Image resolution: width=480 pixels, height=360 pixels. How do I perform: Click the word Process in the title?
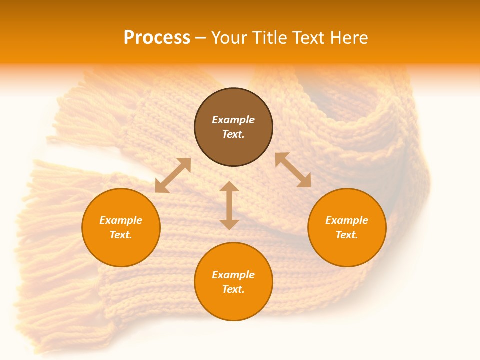pyautogui.click(x=157, y=38)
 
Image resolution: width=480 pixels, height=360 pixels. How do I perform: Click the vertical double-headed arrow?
pyautogui.click(x=229, y=205)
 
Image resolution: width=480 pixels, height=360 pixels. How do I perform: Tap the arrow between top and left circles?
pyautogui.click(x=173, y=175)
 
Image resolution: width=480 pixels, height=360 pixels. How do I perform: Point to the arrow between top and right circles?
pyautogui.click(x=293, y=170)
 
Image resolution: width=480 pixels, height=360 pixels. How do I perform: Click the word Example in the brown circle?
pyautogui.click(x=233, y=120)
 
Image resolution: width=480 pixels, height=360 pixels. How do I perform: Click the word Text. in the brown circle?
pyautogui.click(x=233, y=134)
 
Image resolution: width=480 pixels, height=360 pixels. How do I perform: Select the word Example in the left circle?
pyautogui.click(x=121, y=220)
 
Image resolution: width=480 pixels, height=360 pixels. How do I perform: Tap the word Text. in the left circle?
pyautogui.click(x=121, y=235)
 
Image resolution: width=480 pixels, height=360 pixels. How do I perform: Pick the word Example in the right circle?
pyautogui.click(x=347, y=220)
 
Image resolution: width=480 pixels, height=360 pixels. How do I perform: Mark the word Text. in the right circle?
pyautogui.click(x=347, y=235)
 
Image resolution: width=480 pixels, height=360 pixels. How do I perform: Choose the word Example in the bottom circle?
pyautogui.click(x=233, y=275)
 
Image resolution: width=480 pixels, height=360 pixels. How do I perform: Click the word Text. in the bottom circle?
pyautogui.click(x=233, y=289)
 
